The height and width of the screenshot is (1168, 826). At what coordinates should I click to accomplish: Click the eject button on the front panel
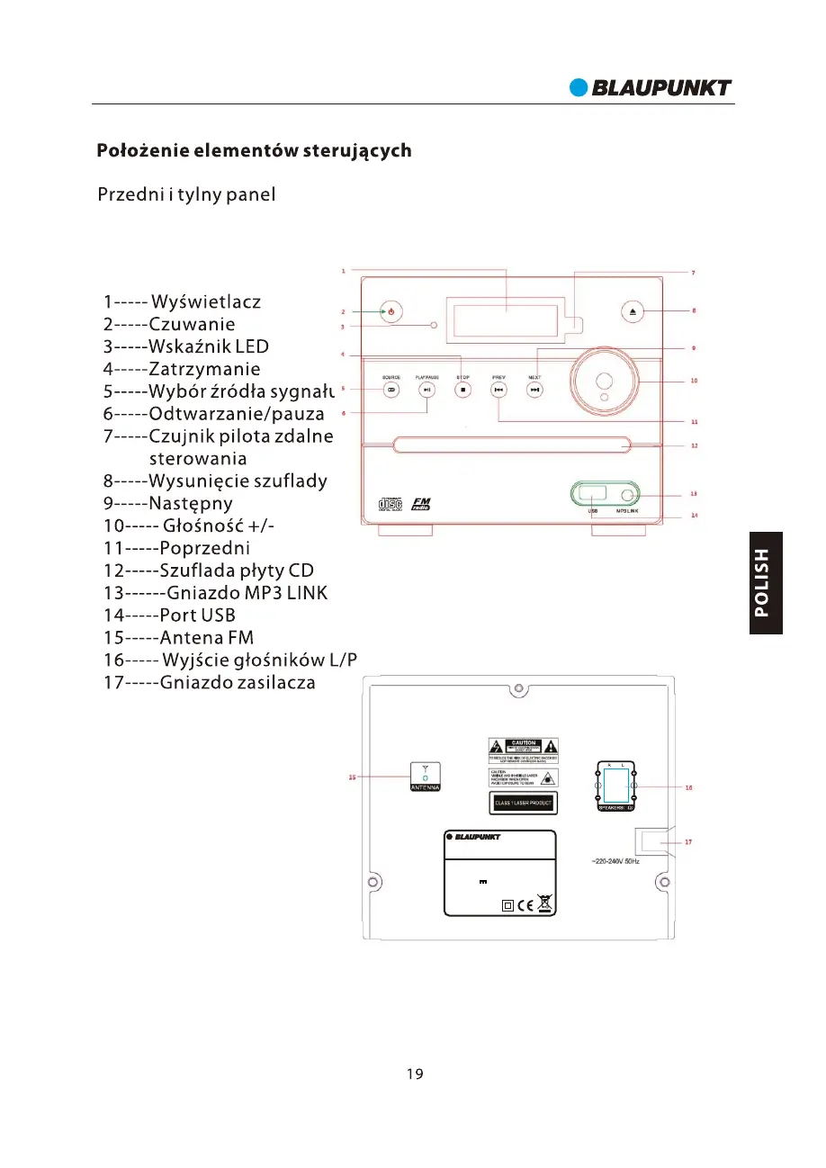633,311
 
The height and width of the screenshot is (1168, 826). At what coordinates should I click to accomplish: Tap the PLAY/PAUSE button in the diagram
427,390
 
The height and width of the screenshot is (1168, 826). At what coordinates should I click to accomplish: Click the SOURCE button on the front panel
391,390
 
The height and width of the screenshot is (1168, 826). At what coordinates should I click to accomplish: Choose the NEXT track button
534,390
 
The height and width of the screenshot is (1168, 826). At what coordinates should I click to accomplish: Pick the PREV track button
498,390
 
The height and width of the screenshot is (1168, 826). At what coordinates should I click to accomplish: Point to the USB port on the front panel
594,493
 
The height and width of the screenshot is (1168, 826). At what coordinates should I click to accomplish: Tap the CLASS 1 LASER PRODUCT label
523,802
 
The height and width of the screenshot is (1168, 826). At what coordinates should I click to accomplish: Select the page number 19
413,1074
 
